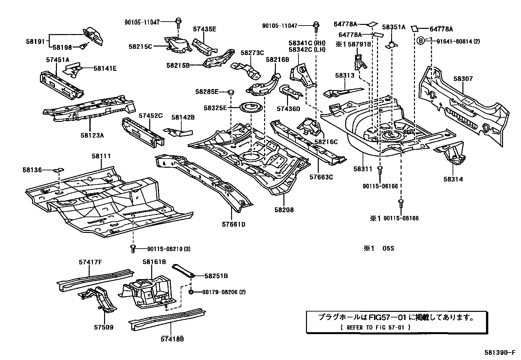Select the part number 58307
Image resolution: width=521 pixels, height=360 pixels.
point(463,79)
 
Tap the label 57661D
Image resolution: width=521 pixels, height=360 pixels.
point(233,224)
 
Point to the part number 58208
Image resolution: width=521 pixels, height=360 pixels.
point(284,210)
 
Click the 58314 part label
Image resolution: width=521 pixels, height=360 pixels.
point(453,179)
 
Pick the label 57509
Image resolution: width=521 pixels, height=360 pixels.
point(104,327)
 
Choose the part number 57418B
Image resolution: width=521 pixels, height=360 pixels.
point(172,339)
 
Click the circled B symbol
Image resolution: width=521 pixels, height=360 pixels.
point(421,41)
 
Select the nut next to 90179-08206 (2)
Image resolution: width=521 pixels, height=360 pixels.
point(191,291)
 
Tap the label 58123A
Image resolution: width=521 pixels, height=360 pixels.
point(90,135)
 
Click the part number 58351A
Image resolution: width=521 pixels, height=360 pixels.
point(393,27)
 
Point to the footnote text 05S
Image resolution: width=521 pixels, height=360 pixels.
point(388,248)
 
